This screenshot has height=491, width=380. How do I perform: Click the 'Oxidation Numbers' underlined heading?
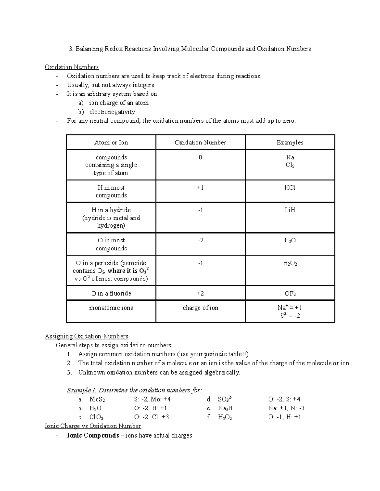(72, 67)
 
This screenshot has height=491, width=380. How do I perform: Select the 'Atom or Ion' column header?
(111, 143)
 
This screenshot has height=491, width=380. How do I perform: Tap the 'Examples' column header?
(290, 143)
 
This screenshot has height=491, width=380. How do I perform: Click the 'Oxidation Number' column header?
(200, 143)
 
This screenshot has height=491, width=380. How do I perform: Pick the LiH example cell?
(290, 210)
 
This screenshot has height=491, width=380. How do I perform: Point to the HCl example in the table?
(290, 188)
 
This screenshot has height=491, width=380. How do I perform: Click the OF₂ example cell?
(290, 293)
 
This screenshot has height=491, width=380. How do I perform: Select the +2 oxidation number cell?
(200, 293)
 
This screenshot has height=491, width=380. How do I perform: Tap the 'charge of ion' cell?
(200, 308)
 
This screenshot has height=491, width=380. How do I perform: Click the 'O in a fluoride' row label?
(111, 293)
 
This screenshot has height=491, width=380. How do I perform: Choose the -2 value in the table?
(200, 241)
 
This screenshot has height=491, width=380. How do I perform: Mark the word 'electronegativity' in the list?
(112, 112)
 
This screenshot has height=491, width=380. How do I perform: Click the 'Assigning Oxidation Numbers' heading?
(86, 336)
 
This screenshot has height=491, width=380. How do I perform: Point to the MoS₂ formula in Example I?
(97, 399)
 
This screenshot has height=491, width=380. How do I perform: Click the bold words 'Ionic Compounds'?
(93, 435)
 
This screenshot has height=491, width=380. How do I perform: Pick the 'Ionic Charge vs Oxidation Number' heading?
(93, 426)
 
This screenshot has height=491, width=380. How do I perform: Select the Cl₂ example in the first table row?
(290, 165)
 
